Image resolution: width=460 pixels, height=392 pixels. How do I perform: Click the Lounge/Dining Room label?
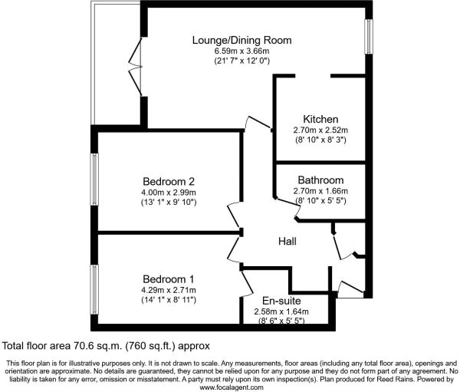[x=242, y=40]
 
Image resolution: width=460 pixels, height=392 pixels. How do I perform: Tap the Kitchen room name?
[x=320, y=119]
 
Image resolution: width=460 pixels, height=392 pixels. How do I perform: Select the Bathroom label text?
[x=322, y=180]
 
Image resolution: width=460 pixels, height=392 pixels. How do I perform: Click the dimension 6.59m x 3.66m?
[x=242, y=51]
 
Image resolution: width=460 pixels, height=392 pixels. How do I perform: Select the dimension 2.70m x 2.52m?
[x=321, y=130]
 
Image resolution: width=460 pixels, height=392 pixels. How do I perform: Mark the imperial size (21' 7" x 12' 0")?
[x=242, y=62]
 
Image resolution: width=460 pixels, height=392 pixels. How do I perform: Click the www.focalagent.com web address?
[x=231, y=387]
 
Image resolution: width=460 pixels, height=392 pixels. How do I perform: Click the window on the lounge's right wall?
[x=369, y=36]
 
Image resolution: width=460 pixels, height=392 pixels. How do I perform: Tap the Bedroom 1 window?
[x=94, y=291]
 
